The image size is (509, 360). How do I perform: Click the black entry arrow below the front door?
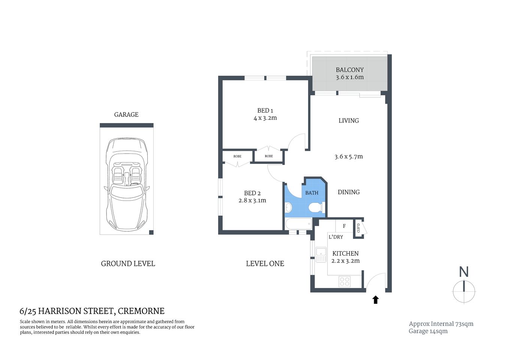376,300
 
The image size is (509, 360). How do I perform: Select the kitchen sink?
321,255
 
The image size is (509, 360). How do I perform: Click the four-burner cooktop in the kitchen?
344,281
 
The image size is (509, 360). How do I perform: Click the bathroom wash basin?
288,207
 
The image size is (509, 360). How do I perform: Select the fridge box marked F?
344,226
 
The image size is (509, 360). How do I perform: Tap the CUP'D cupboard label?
358,228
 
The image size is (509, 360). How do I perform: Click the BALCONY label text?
349,70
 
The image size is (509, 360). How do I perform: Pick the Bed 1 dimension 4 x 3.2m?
265,118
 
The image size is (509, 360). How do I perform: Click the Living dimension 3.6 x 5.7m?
349,157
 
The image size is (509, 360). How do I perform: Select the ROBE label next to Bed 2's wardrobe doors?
237,156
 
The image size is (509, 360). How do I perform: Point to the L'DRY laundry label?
336,237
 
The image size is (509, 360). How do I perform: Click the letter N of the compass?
464,272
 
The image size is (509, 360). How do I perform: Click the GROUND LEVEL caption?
128,264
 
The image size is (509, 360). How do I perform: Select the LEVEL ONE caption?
265,264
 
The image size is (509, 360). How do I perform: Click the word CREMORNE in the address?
141,311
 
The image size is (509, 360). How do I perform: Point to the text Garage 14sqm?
428,331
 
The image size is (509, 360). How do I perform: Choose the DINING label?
349,192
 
